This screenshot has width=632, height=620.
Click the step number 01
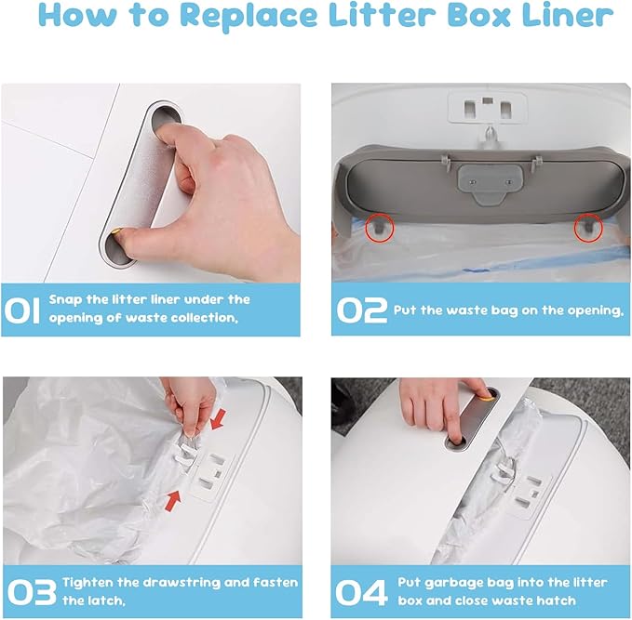click(22, 310)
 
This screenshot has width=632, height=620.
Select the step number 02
click(361, 310)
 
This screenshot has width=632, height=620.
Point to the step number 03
click(32, 592)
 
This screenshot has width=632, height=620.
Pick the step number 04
click(361, 592)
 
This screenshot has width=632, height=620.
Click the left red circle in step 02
click(379, 229)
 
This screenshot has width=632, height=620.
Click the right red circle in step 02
click(588, 229)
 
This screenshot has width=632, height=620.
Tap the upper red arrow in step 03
click(218, 419)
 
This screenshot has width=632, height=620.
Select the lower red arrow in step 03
click(173, 501)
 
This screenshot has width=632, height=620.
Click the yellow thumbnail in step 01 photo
click(115, 231)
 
